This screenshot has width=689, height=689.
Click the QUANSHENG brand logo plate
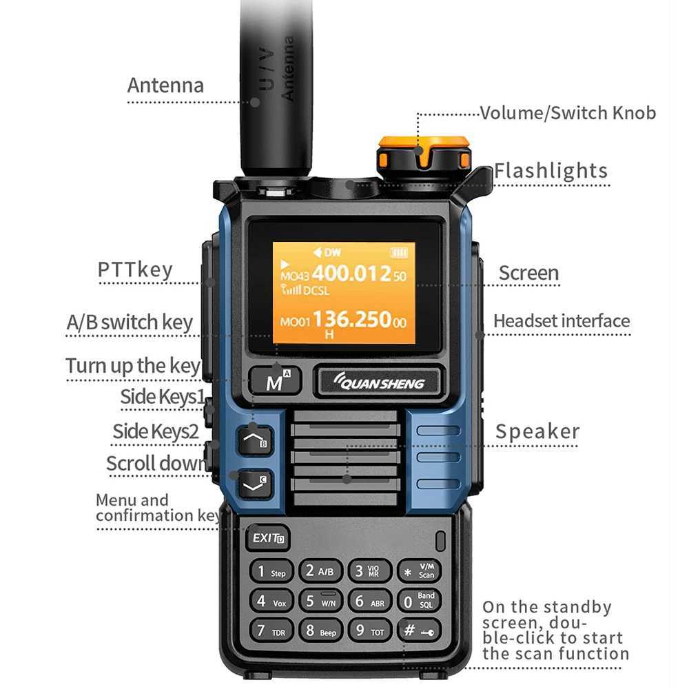point(378,382)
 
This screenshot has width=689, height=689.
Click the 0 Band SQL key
point(419,601)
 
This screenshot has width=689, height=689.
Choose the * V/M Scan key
point(419,571)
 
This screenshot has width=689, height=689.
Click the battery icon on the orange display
point(398,252)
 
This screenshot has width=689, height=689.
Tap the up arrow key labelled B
point(255,440)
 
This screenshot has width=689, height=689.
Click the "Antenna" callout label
point(165,85)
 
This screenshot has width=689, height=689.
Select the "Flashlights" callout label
point(551,171)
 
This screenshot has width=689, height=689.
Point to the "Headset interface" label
point(562,321)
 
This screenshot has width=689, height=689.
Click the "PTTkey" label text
point(135,269)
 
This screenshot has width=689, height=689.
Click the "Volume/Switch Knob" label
point(568,112)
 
